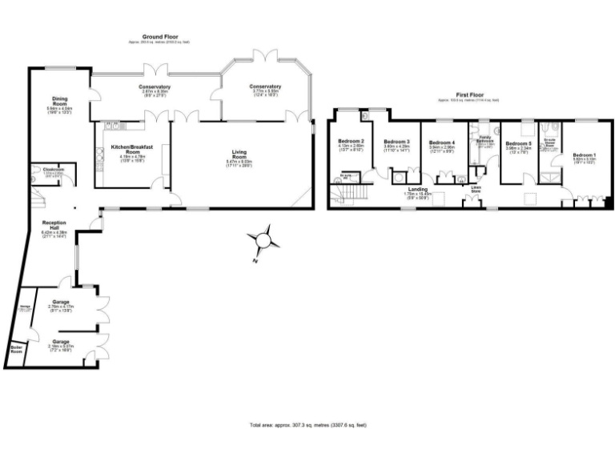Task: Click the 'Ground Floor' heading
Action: [159, 37]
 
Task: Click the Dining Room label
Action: [60, 102]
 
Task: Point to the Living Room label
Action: [239, 154]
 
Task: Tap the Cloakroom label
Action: [53, 170]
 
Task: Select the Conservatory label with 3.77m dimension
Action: [265, 87]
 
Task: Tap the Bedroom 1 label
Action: [584, 154]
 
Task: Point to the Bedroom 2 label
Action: [351, 142]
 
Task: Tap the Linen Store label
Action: [476, 190]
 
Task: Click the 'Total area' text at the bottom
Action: [307, 425]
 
